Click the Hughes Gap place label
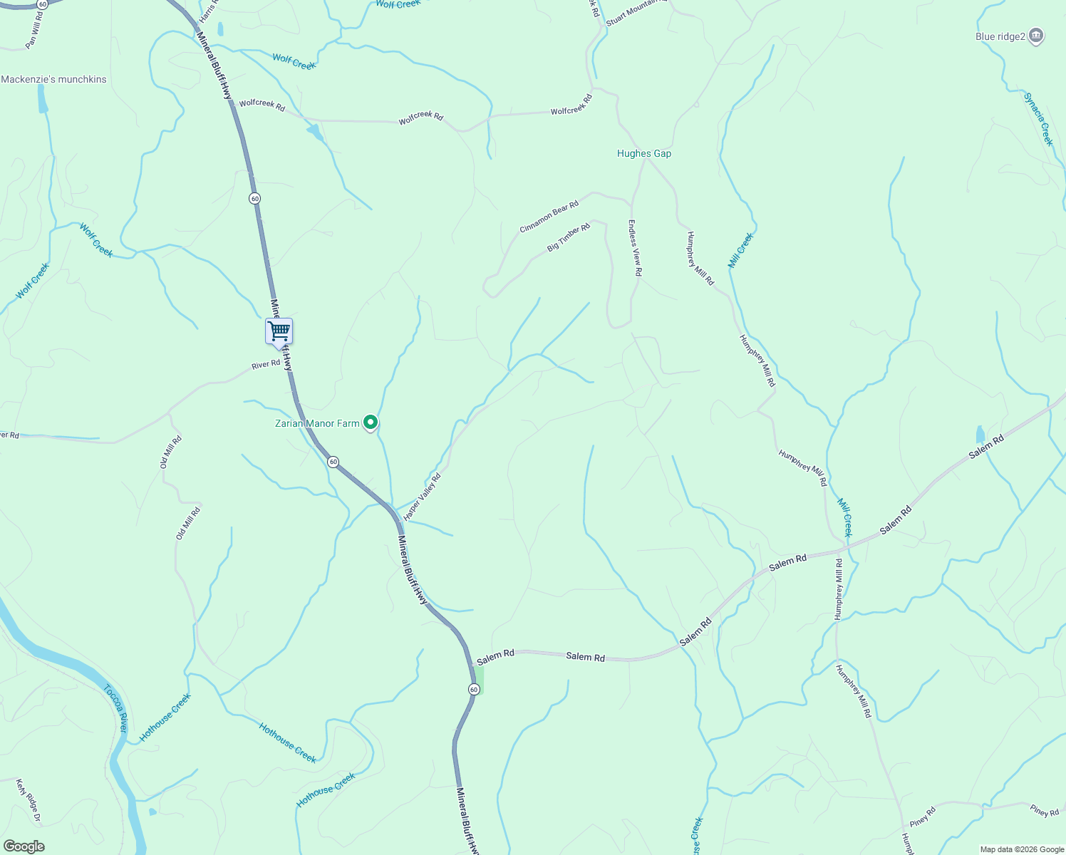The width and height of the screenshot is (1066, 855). point(643,153)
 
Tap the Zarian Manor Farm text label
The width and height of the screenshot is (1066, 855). point(317,423)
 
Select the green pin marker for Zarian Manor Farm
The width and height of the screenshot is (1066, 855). point(371,423)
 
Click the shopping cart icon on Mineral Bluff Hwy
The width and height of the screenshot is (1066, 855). point(279,331)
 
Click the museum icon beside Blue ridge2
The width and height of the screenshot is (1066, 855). point(1037,36)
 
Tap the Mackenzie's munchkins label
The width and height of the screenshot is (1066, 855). point(53,79)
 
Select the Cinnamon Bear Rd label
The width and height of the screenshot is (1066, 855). point(549,217)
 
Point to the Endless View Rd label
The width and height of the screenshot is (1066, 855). point(634,248)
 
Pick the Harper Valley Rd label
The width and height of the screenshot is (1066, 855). point(422,497)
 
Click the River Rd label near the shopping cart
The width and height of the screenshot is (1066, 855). point(266,365)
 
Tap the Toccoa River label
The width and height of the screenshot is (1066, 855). point(115,708)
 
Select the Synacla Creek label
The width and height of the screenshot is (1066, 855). point(1038,119)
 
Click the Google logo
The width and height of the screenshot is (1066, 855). point(24,846)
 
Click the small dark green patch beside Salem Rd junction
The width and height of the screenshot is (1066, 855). point(480,680)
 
